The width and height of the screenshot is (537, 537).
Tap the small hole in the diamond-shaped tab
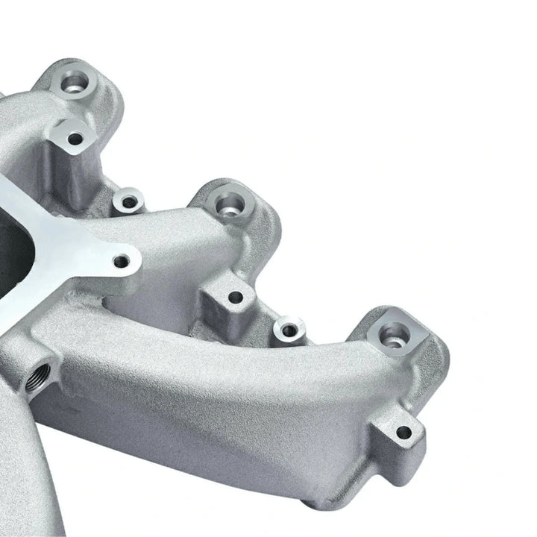[x=75, y=138]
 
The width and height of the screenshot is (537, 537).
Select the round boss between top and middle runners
[x=129, y=201]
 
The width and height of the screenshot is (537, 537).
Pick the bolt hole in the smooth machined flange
[x=122, y=260]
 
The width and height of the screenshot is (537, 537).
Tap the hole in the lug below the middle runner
[x=235, y=297]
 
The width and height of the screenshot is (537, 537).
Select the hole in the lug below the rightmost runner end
[x=403, y=432]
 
